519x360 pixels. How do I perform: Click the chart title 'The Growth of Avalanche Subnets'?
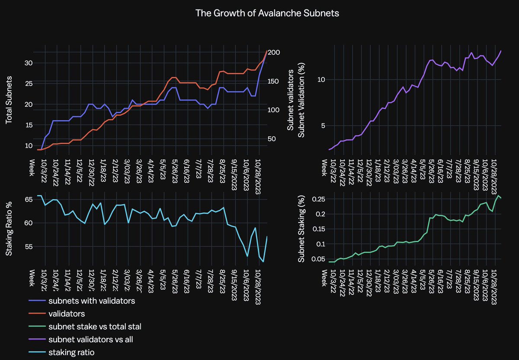(267, 13)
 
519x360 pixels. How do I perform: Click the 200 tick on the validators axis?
(275, 52)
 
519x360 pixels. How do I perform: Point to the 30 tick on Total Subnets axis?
(29, 63)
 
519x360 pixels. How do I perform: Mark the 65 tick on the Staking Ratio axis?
(29, 200)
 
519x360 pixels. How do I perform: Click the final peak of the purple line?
(501, 51)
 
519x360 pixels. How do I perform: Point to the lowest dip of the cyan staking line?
(263, 261)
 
